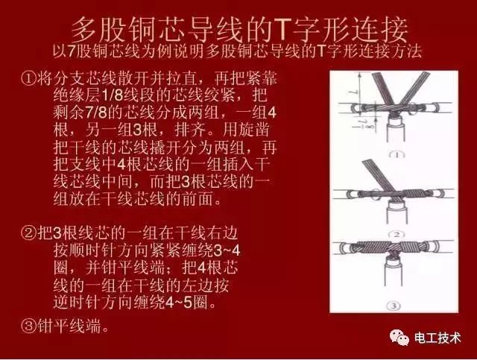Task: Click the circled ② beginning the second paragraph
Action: [31, 233]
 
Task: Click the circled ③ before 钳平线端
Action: [31, 326]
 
